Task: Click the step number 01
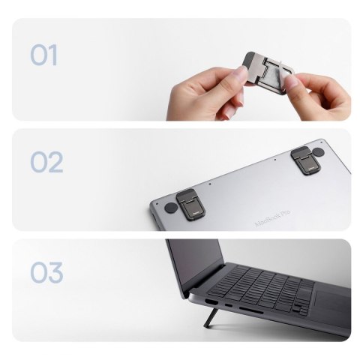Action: [x=44, y=55]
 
